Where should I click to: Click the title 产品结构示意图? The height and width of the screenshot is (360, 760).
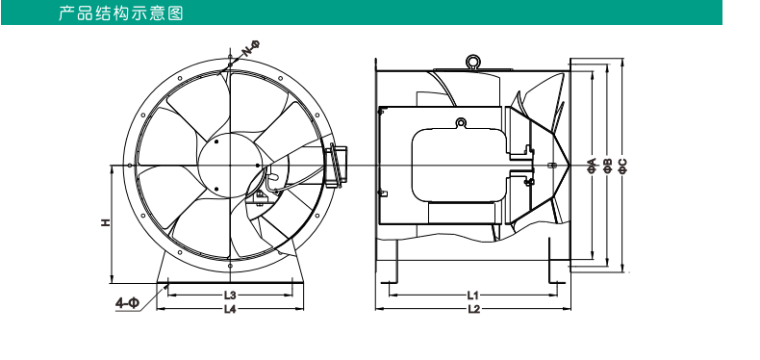click(120, 13)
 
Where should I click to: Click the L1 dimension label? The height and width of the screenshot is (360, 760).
click(473, 295)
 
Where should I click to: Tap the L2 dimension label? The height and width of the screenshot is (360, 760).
click(473, 309)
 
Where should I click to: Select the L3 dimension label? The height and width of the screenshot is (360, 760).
click(230, 295)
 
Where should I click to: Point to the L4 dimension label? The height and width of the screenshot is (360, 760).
click(230, 309)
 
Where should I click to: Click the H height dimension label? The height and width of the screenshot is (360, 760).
click(105, 222)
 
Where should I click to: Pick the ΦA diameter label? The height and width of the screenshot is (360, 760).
click(592, 166)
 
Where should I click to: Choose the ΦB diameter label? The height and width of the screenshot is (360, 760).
click(608, 166)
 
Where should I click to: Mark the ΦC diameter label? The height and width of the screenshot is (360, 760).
click(623, 166)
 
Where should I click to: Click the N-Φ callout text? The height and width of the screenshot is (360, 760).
click(251, 48)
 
